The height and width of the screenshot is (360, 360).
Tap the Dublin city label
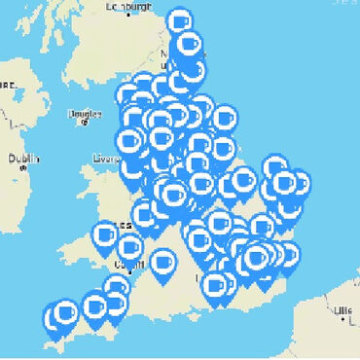(x=23, y=159)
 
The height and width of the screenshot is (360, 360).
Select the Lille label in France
(x=342, y=310)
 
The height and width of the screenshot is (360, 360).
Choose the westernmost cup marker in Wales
(x=105, y=234)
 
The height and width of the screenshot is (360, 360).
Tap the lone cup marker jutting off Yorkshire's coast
(x=224, y=118)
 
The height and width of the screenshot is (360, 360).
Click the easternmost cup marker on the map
(x=300, y=182)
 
